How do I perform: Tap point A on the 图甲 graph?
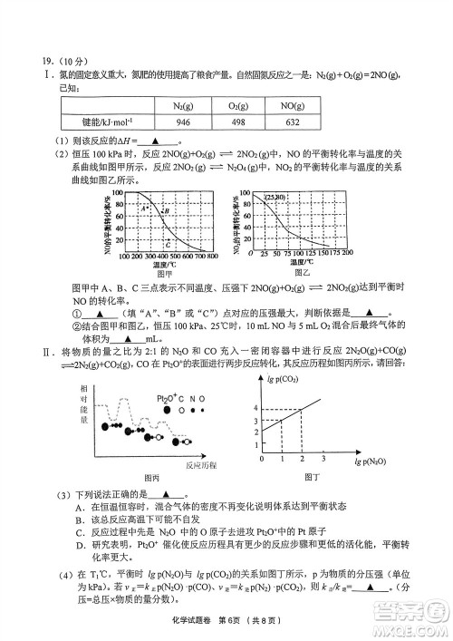[144, 208]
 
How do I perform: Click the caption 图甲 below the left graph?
[164, 272]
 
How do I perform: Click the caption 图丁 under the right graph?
[313, 477]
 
